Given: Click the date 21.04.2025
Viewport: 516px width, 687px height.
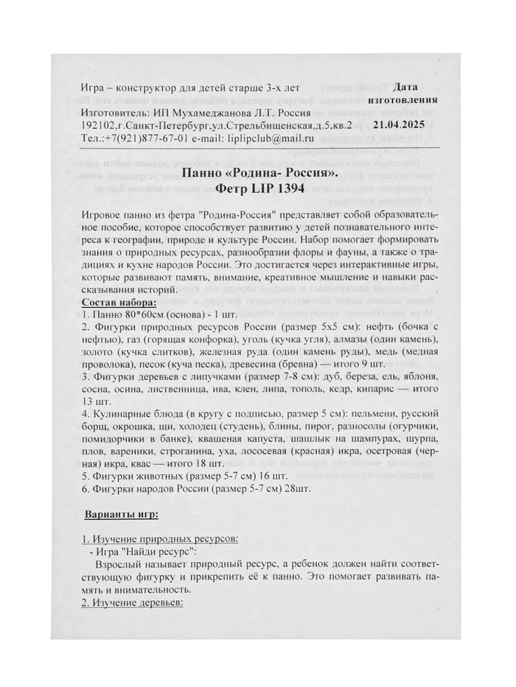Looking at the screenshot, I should (406, 126).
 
